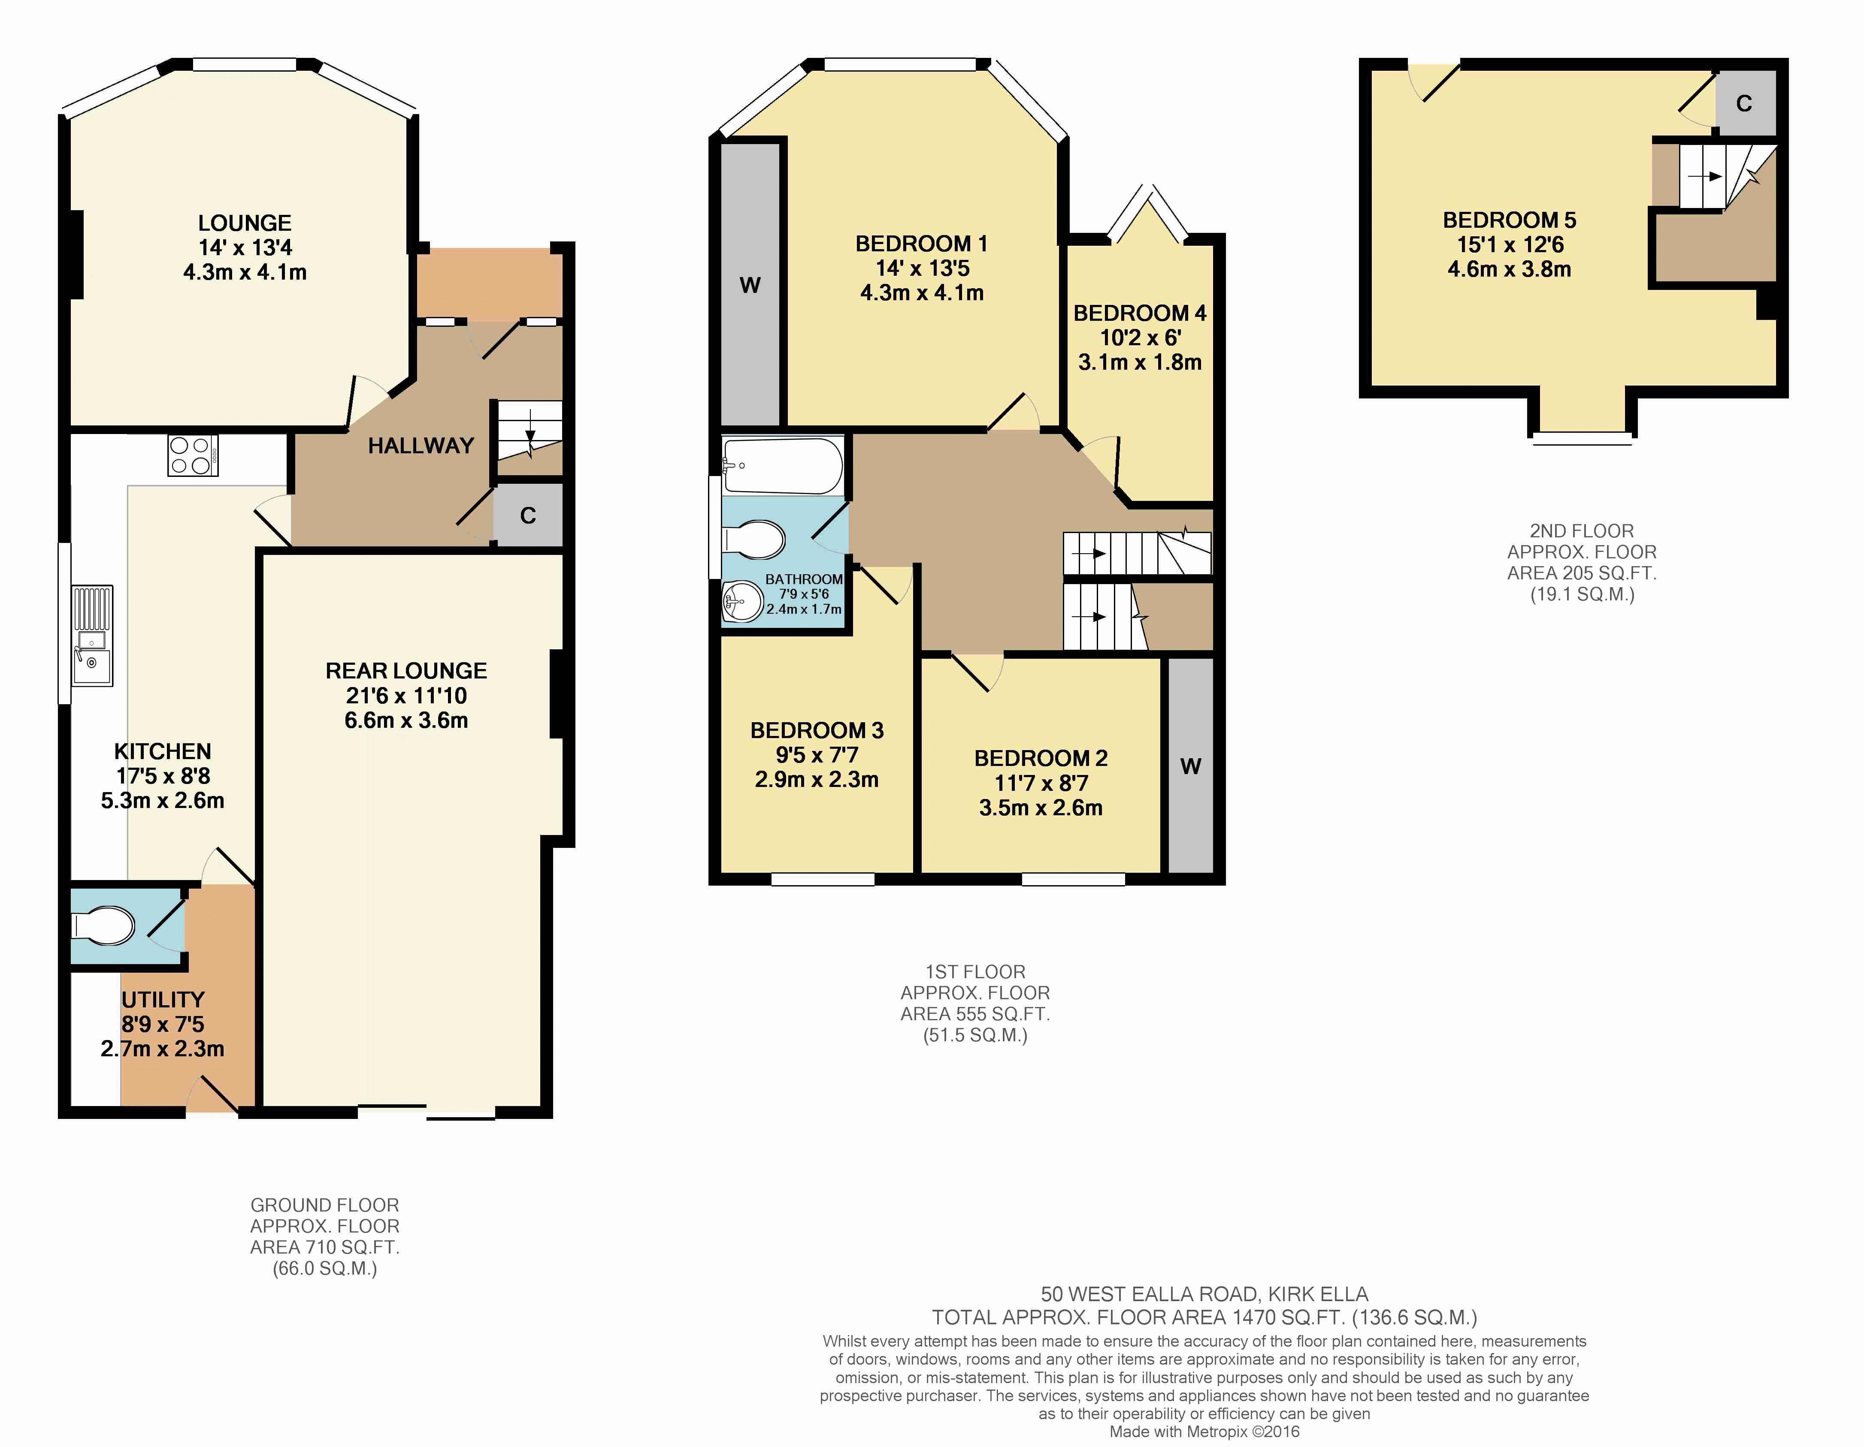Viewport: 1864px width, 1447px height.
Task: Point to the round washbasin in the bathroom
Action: (x=741, y=603)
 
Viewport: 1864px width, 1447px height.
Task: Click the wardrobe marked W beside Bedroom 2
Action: (x=1191, y=765)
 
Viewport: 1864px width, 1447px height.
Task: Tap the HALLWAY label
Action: (x=421, y=445)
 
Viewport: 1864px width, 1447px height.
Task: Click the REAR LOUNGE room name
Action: (x=406, y=671)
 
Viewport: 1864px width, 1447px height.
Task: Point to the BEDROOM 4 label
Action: (x=1139, y=313)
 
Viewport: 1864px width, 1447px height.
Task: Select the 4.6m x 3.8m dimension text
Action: (x=1509, y=269)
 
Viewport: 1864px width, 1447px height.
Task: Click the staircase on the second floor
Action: (x=1716, y=176)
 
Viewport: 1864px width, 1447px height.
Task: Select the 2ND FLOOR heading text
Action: (x=1582, y=531)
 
